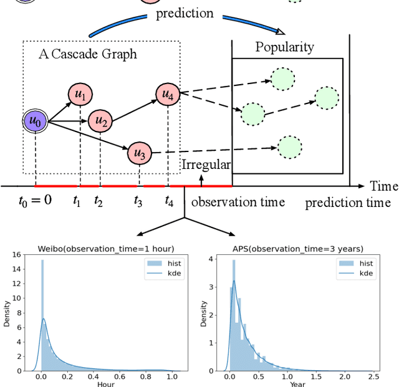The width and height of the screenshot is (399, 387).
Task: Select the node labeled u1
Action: point(80,95)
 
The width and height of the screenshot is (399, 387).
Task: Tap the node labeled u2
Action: point(100,122)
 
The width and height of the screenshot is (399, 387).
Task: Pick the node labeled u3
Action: point(140,153)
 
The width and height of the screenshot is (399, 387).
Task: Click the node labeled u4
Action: point(168,94)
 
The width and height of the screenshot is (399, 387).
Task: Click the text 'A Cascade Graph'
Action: point(87,54)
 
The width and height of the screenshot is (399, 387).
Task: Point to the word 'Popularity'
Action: point(285,47)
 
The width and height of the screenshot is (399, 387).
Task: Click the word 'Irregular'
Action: point(206,165)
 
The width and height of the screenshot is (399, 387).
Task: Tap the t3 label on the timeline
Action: point(138,201)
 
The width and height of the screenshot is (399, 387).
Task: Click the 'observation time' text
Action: point(238,202)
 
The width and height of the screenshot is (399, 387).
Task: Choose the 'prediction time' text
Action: point(348,203)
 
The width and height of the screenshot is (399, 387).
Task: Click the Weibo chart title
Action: point(106,248)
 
